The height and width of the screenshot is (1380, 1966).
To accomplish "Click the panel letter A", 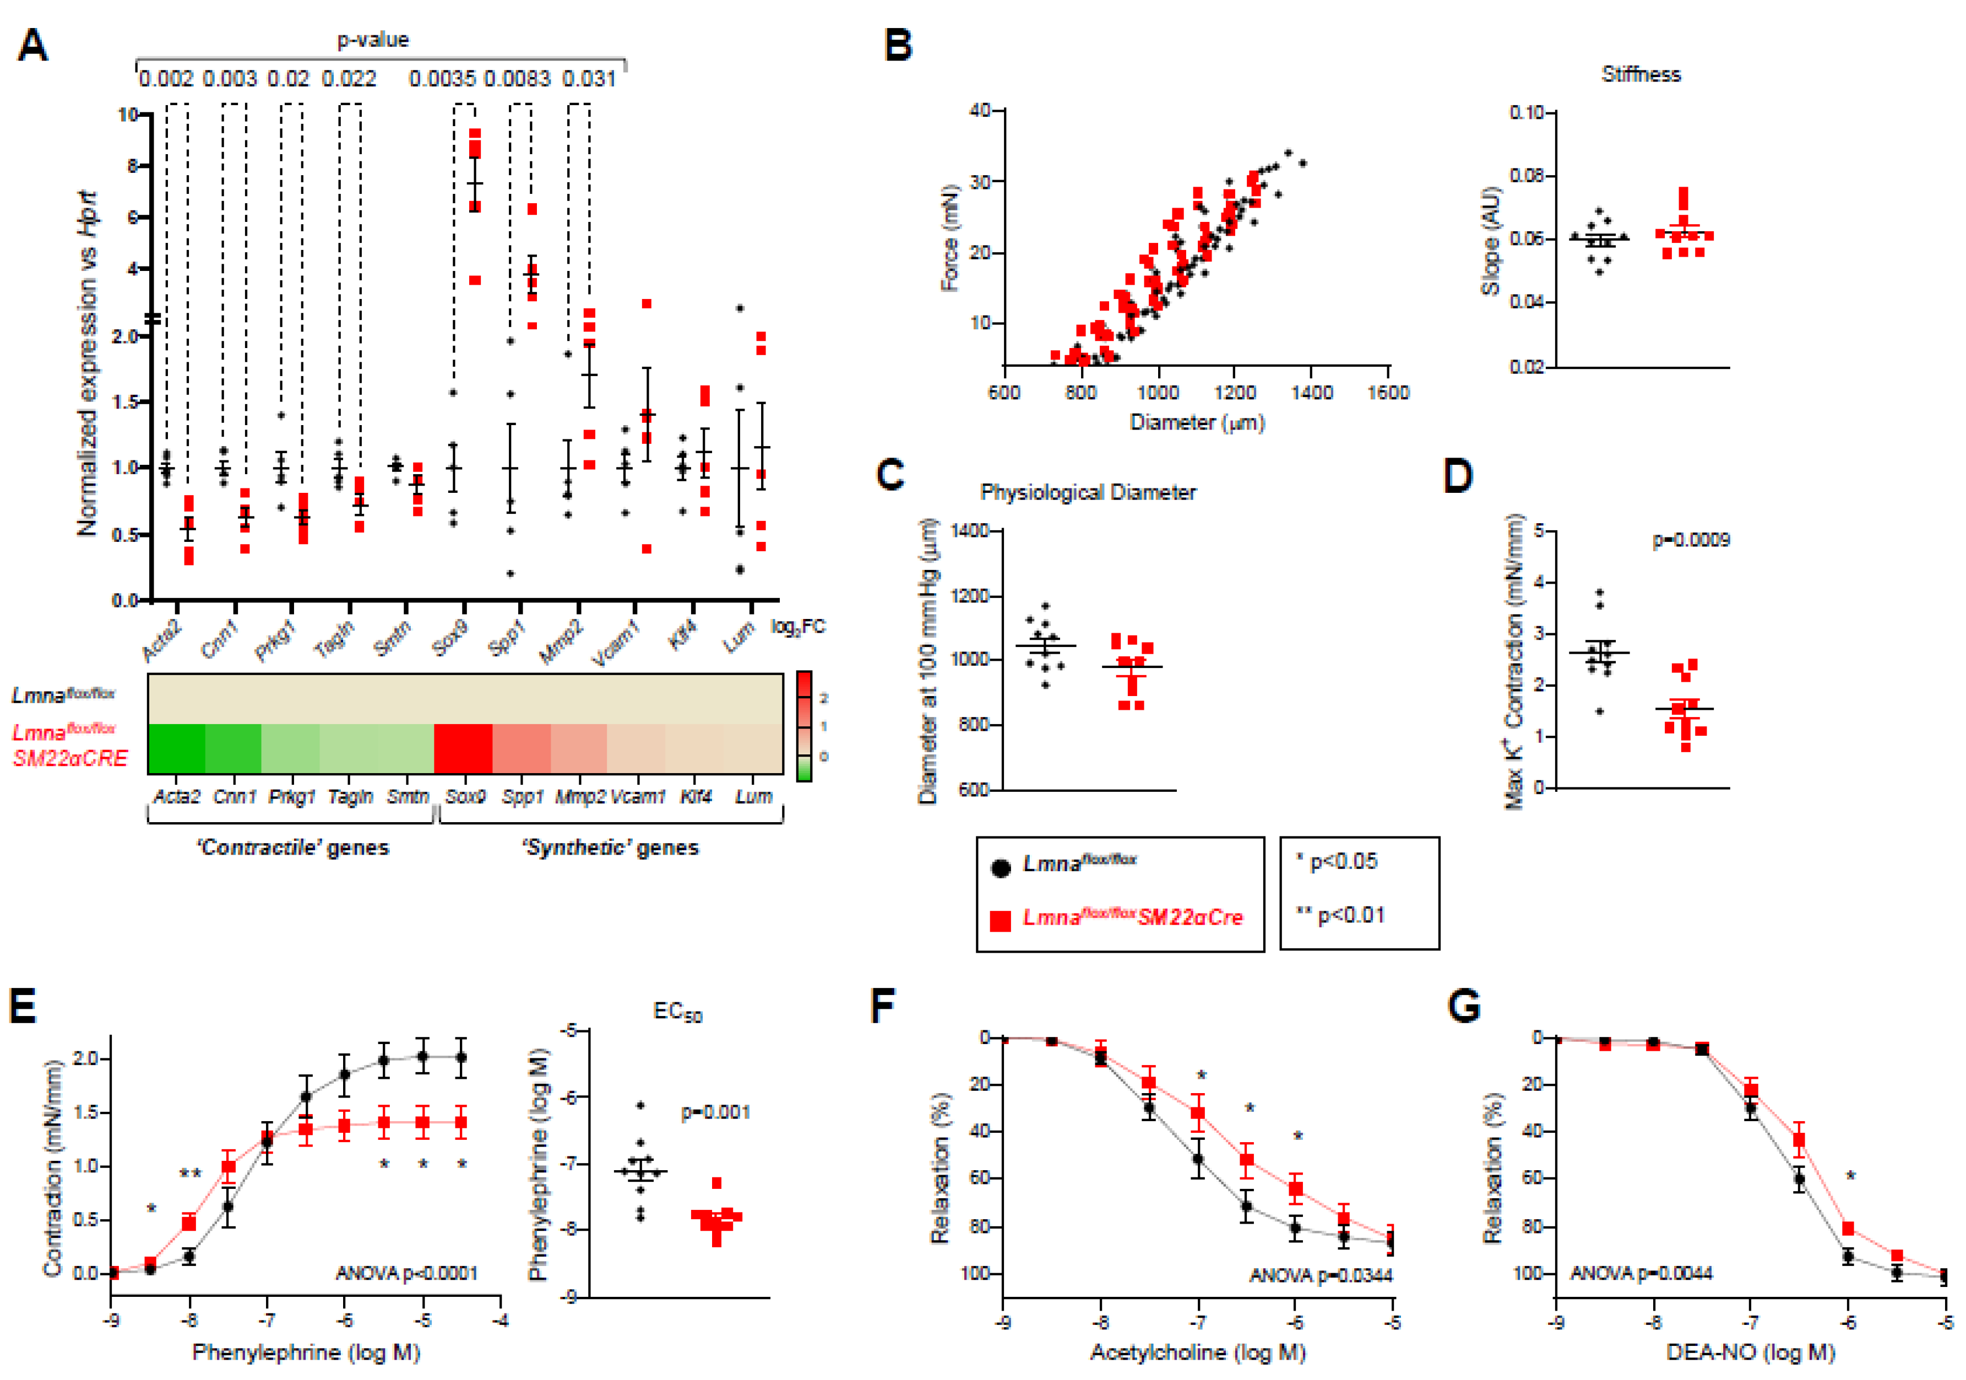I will pos(32,45).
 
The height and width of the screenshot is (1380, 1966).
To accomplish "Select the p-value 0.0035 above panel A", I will pos(442,79).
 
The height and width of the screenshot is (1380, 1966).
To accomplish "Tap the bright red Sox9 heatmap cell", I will pos(463,748).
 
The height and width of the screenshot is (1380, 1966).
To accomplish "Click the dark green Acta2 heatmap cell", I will pos(176,748).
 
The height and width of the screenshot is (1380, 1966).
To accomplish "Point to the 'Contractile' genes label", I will pos(293,847).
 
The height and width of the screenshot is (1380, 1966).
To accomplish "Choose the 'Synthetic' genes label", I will pos(611,847).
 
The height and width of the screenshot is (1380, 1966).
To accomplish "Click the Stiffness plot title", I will pos(1641,74).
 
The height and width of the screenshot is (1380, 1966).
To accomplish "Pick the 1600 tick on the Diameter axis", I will pos(1388,392).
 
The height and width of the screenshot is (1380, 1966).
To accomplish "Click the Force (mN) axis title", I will pos(949,238).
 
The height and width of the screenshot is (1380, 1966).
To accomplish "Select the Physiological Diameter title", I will pos(1088,492).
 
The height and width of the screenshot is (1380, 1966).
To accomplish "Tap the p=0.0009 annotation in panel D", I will pos(1690,540).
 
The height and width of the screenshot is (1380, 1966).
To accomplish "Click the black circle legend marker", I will pos(1000,867).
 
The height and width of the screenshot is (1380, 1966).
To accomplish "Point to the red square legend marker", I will pos(1000,920).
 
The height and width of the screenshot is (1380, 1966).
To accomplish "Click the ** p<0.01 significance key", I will pos(1339,915).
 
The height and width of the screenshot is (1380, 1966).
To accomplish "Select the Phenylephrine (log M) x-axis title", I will pos(306,1352).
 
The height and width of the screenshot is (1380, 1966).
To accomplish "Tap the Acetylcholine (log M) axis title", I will pos(1197,1352).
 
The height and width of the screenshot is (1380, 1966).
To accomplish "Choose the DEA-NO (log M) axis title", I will pos(1750,1352).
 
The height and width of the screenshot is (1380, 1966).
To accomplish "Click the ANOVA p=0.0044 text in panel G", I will pos(1641,1273).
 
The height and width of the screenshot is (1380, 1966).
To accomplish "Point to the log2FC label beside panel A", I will pos(798,627).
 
